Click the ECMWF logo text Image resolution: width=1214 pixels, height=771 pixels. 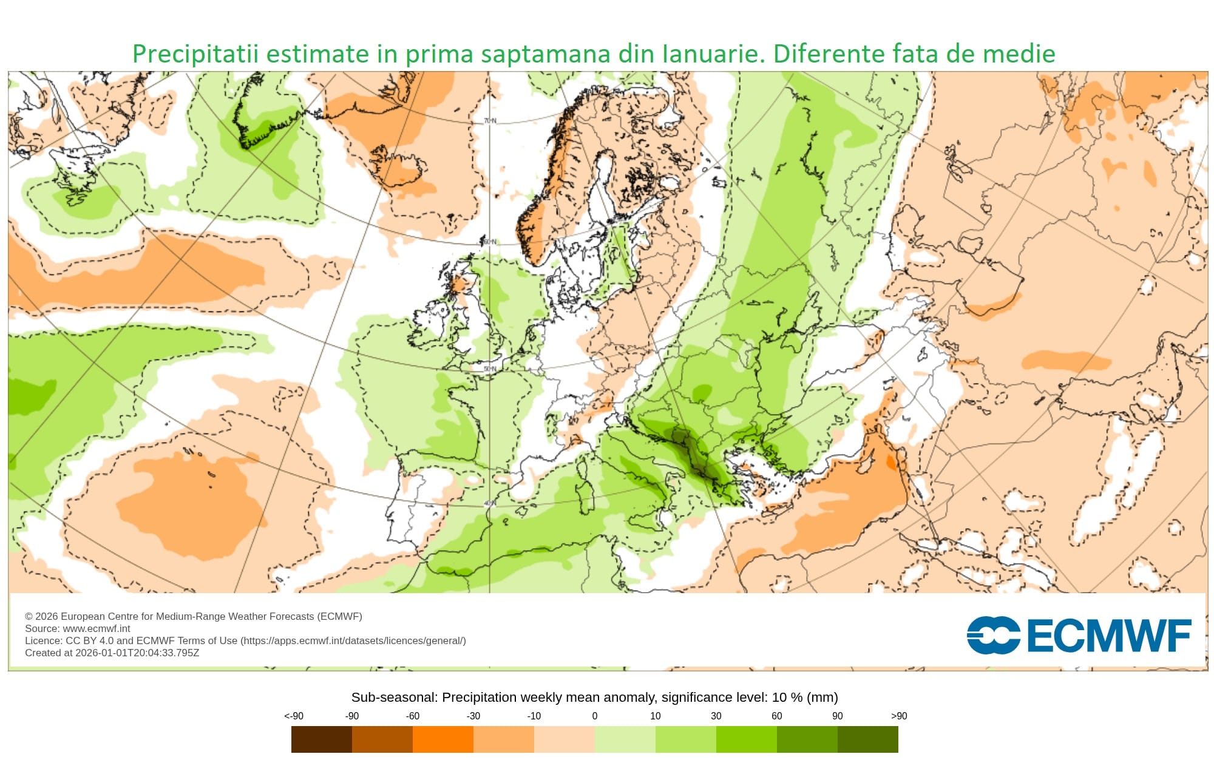coord(1108,636)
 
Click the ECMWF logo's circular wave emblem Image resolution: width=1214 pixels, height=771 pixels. coord(993,636)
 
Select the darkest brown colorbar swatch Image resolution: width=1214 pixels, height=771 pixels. coord(321,739)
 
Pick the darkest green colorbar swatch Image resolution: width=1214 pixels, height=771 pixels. coord(867,739)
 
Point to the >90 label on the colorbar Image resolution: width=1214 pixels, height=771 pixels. coord(898,716)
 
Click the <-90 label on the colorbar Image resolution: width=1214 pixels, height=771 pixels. coord(294,716)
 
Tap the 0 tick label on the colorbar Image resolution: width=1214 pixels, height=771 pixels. coord(595,716)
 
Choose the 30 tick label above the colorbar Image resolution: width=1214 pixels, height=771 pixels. coord(716,716)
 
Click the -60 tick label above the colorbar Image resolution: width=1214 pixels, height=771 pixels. coord(413,716)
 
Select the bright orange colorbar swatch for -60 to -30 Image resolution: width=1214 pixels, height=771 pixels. coord(443,739)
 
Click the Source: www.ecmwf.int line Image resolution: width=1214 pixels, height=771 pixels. coord(77,628)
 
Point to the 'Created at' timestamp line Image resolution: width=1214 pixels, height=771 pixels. coord(112,653)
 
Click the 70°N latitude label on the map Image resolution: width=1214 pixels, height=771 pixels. coord(490,121)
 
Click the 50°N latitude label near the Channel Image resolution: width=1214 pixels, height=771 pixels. coord(489,369)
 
